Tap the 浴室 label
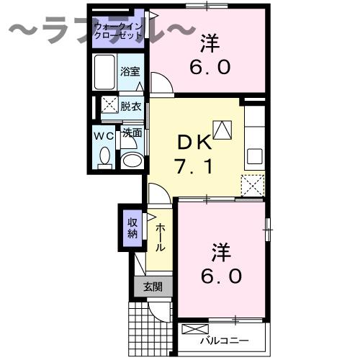tap(130, 72)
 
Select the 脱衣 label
tap(130, 105)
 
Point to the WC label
tap(104, 134)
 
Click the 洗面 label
tap(131, 133)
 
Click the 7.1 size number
tap(193, 168)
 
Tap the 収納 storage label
tap(132, 228)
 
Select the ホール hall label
tap(160, 235)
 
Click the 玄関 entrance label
tap(152, 287)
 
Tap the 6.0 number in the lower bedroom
tap(222, 276)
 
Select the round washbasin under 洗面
tap(130, 161)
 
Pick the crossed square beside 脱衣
tap(109, 105)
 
